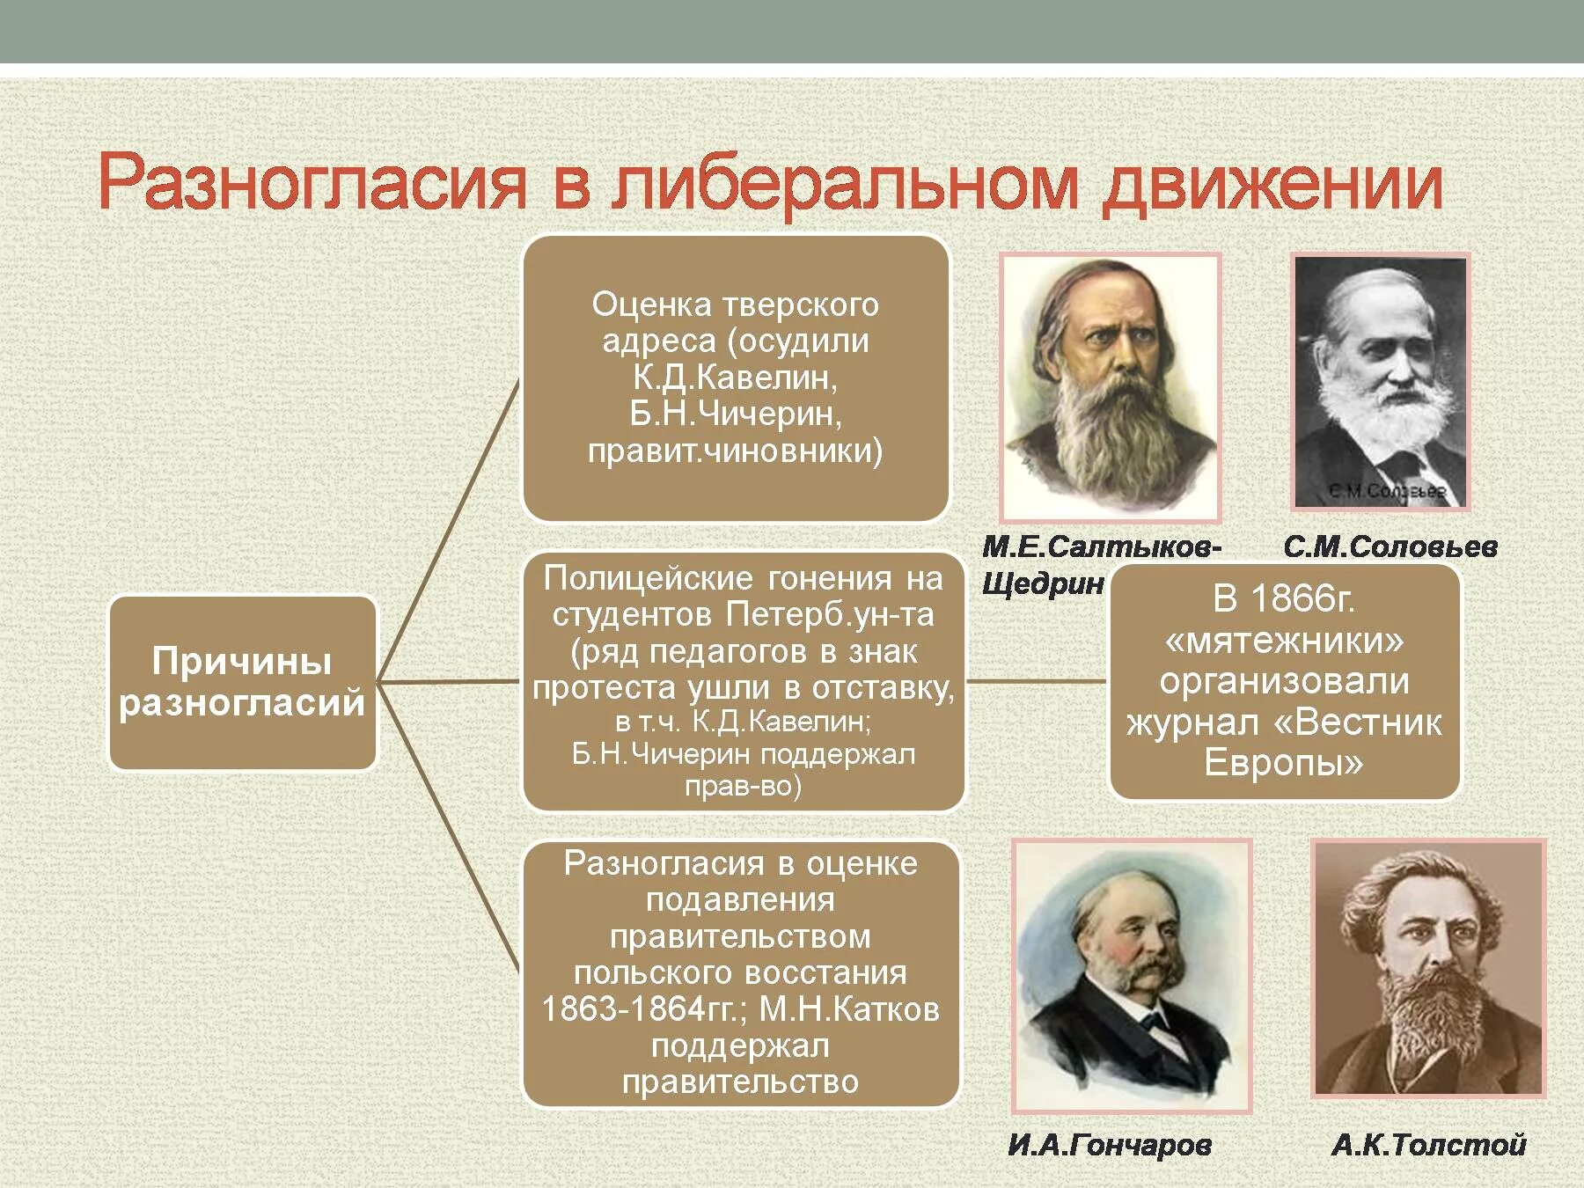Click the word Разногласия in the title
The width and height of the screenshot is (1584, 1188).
pos(312,182)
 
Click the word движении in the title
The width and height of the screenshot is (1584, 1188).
pos(1272,185)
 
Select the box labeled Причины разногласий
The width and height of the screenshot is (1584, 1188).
pos(242,683)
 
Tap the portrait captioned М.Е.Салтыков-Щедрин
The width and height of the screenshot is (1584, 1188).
pos(1110,387)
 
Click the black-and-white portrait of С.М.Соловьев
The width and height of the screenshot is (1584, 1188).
pos(1380,382)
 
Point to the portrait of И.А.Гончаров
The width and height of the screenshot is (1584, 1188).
pos(1132,975)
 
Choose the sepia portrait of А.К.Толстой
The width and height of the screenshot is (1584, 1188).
pos(1428,968)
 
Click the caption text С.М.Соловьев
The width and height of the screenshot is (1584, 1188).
pos(1390,547)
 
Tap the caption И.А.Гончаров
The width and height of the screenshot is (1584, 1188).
pos(1110,1145)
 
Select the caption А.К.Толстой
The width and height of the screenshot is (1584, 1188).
pos(1428,1145)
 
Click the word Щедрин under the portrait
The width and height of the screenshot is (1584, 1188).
pos(1043,583)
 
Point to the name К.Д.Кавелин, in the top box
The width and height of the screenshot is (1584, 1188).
pos(735,377)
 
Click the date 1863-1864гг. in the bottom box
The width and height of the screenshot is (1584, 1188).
pos(644,1009)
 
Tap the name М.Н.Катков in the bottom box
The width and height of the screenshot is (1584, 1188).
pos(849,1009)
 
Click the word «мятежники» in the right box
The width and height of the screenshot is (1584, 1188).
pos(1285,641)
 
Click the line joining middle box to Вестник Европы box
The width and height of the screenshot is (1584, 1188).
pos(1036,681)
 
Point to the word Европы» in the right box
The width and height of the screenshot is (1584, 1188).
pos(1283,762)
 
